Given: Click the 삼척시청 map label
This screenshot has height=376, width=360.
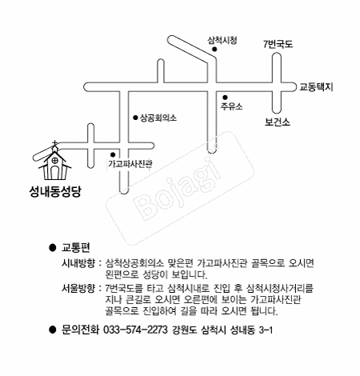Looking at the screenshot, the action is tap(222, 41).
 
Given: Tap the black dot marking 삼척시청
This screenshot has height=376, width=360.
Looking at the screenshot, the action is tap(214, 49).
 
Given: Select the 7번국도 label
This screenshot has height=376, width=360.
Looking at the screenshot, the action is tap(278, 44).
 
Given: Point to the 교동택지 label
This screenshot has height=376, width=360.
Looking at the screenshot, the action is tap(316, 87).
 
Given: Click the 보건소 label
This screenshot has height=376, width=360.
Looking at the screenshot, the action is tap(277, 122).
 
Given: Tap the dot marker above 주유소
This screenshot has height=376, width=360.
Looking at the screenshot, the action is tap(225, 98).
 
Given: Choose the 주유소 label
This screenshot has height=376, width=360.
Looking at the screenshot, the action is tap(231, 106).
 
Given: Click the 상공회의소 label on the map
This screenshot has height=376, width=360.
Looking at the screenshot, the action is tap(158, 118).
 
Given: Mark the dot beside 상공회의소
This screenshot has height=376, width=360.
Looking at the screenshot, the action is tap(135, 118).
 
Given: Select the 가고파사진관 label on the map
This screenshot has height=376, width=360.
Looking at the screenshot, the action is tap(130, 164).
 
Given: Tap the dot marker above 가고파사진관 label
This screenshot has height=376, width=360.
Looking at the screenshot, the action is tap(113, 154).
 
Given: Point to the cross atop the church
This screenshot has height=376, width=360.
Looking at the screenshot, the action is tap(54, 144).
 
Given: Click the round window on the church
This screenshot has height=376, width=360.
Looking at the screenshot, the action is tap(54, 160).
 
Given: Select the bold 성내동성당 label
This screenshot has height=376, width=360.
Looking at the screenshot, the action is tap(55, 191).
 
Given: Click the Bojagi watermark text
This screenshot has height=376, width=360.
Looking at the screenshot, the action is tap(178, 189).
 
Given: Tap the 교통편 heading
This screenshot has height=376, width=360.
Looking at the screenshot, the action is tap(76, 247).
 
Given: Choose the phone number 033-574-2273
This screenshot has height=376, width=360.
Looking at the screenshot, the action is tap(135, 330).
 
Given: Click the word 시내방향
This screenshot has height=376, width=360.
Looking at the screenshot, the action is tap(78, 263).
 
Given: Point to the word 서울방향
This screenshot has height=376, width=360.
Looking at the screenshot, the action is tap(78, 288).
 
